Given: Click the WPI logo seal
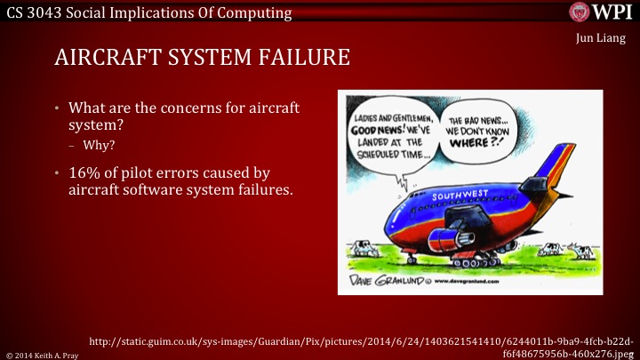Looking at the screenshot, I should [580, 12].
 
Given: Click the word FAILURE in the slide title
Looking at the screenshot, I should [300, 60].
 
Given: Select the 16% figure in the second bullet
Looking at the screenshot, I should [85, 172].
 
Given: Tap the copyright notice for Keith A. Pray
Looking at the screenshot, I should [44, 353].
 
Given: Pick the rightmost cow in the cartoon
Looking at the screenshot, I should [584, 253].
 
